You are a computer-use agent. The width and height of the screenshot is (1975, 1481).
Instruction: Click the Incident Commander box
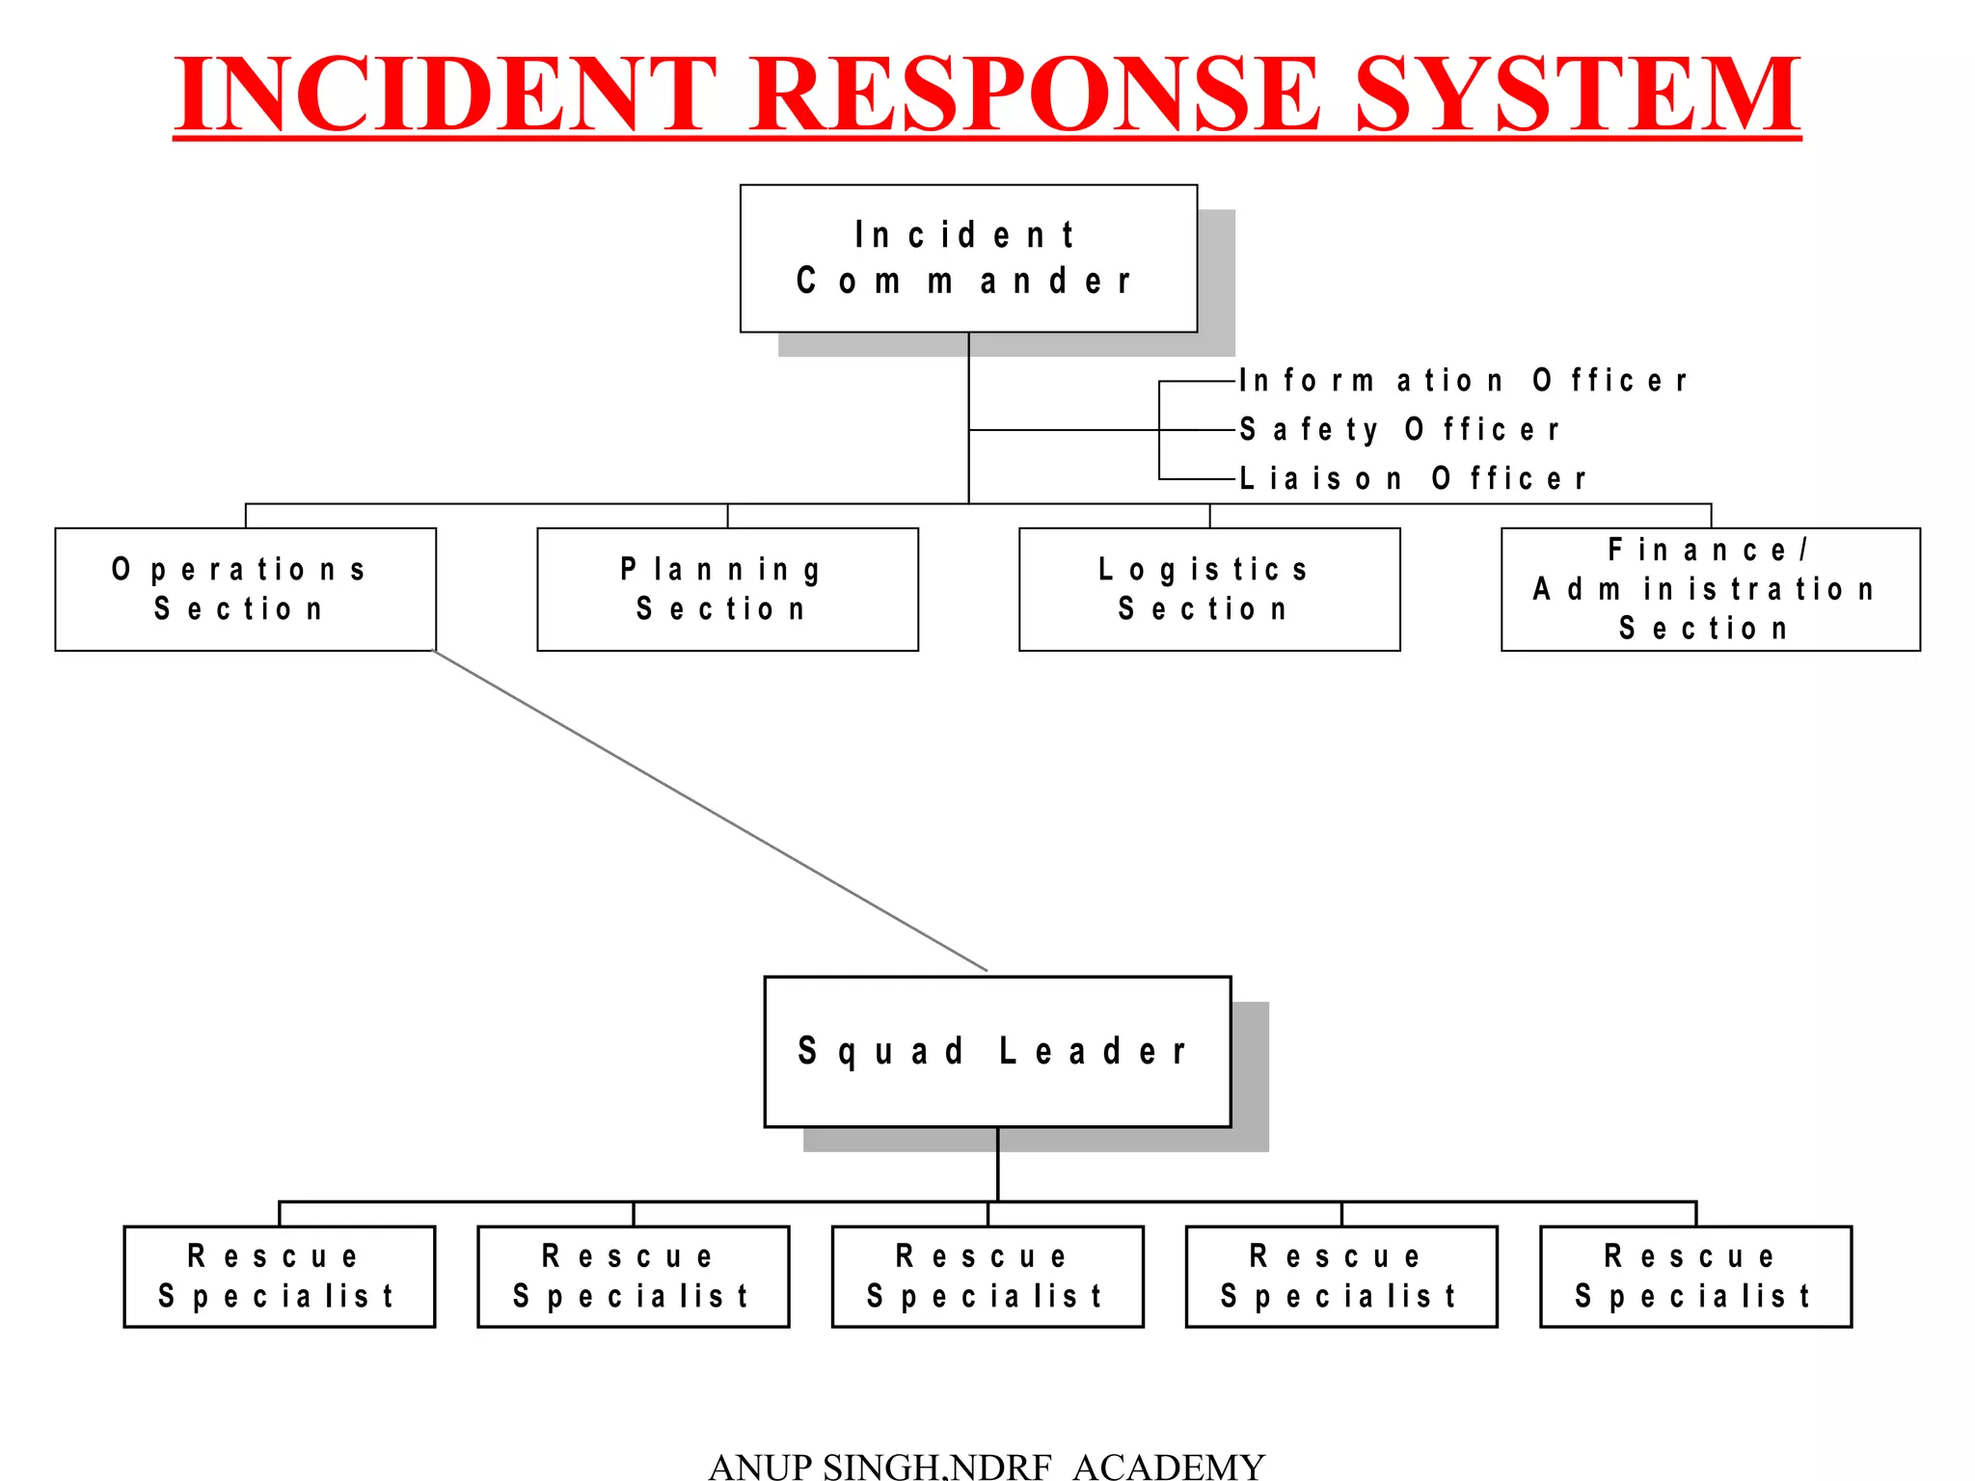coord(968,258)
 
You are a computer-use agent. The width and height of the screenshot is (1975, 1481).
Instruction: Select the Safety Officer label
coord(1398,429)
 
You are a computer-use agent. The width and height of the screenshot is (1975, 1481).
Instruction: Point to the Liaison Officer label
coord(1412,478)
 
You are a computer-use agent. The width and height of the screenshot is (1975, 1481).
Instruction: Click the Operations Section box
coord(245,589)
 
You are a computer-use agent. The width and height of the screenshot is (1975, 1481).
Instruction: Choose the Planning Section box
coord(727,589)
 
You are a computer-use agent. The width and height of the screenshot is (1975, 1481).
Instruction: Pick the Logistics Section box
coord(1209,589)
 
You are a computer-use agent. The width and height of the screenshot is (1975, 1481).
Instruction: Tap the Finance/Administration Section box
coord(1710,589)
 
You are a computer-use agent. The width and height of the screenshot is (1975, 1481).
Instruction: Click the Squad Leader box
coord(997,1051)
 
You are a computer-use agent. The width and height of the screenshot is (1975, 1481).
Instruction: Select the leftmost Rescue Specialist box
coord(279,1277)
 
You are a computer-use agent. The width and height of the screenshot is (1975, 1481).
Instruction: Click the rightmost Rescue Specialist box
coord(1695,1277)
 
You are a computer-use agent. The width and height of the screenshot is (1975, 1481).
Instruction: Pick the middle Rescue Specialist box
coord(987,1277)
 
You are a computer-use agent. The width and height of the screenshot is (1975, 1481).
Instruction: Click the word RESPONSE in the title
coord(1034,94)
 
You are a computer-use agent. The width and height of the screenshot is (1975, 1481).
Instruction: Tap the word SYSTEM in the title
coord(1578,94)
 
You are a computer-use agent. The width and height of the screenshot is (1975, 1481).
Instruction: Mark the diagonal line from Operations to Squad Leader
coord(711,811)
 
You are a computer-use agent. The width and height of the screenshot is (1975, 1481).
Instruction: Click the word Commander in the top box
coord(964,282)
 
